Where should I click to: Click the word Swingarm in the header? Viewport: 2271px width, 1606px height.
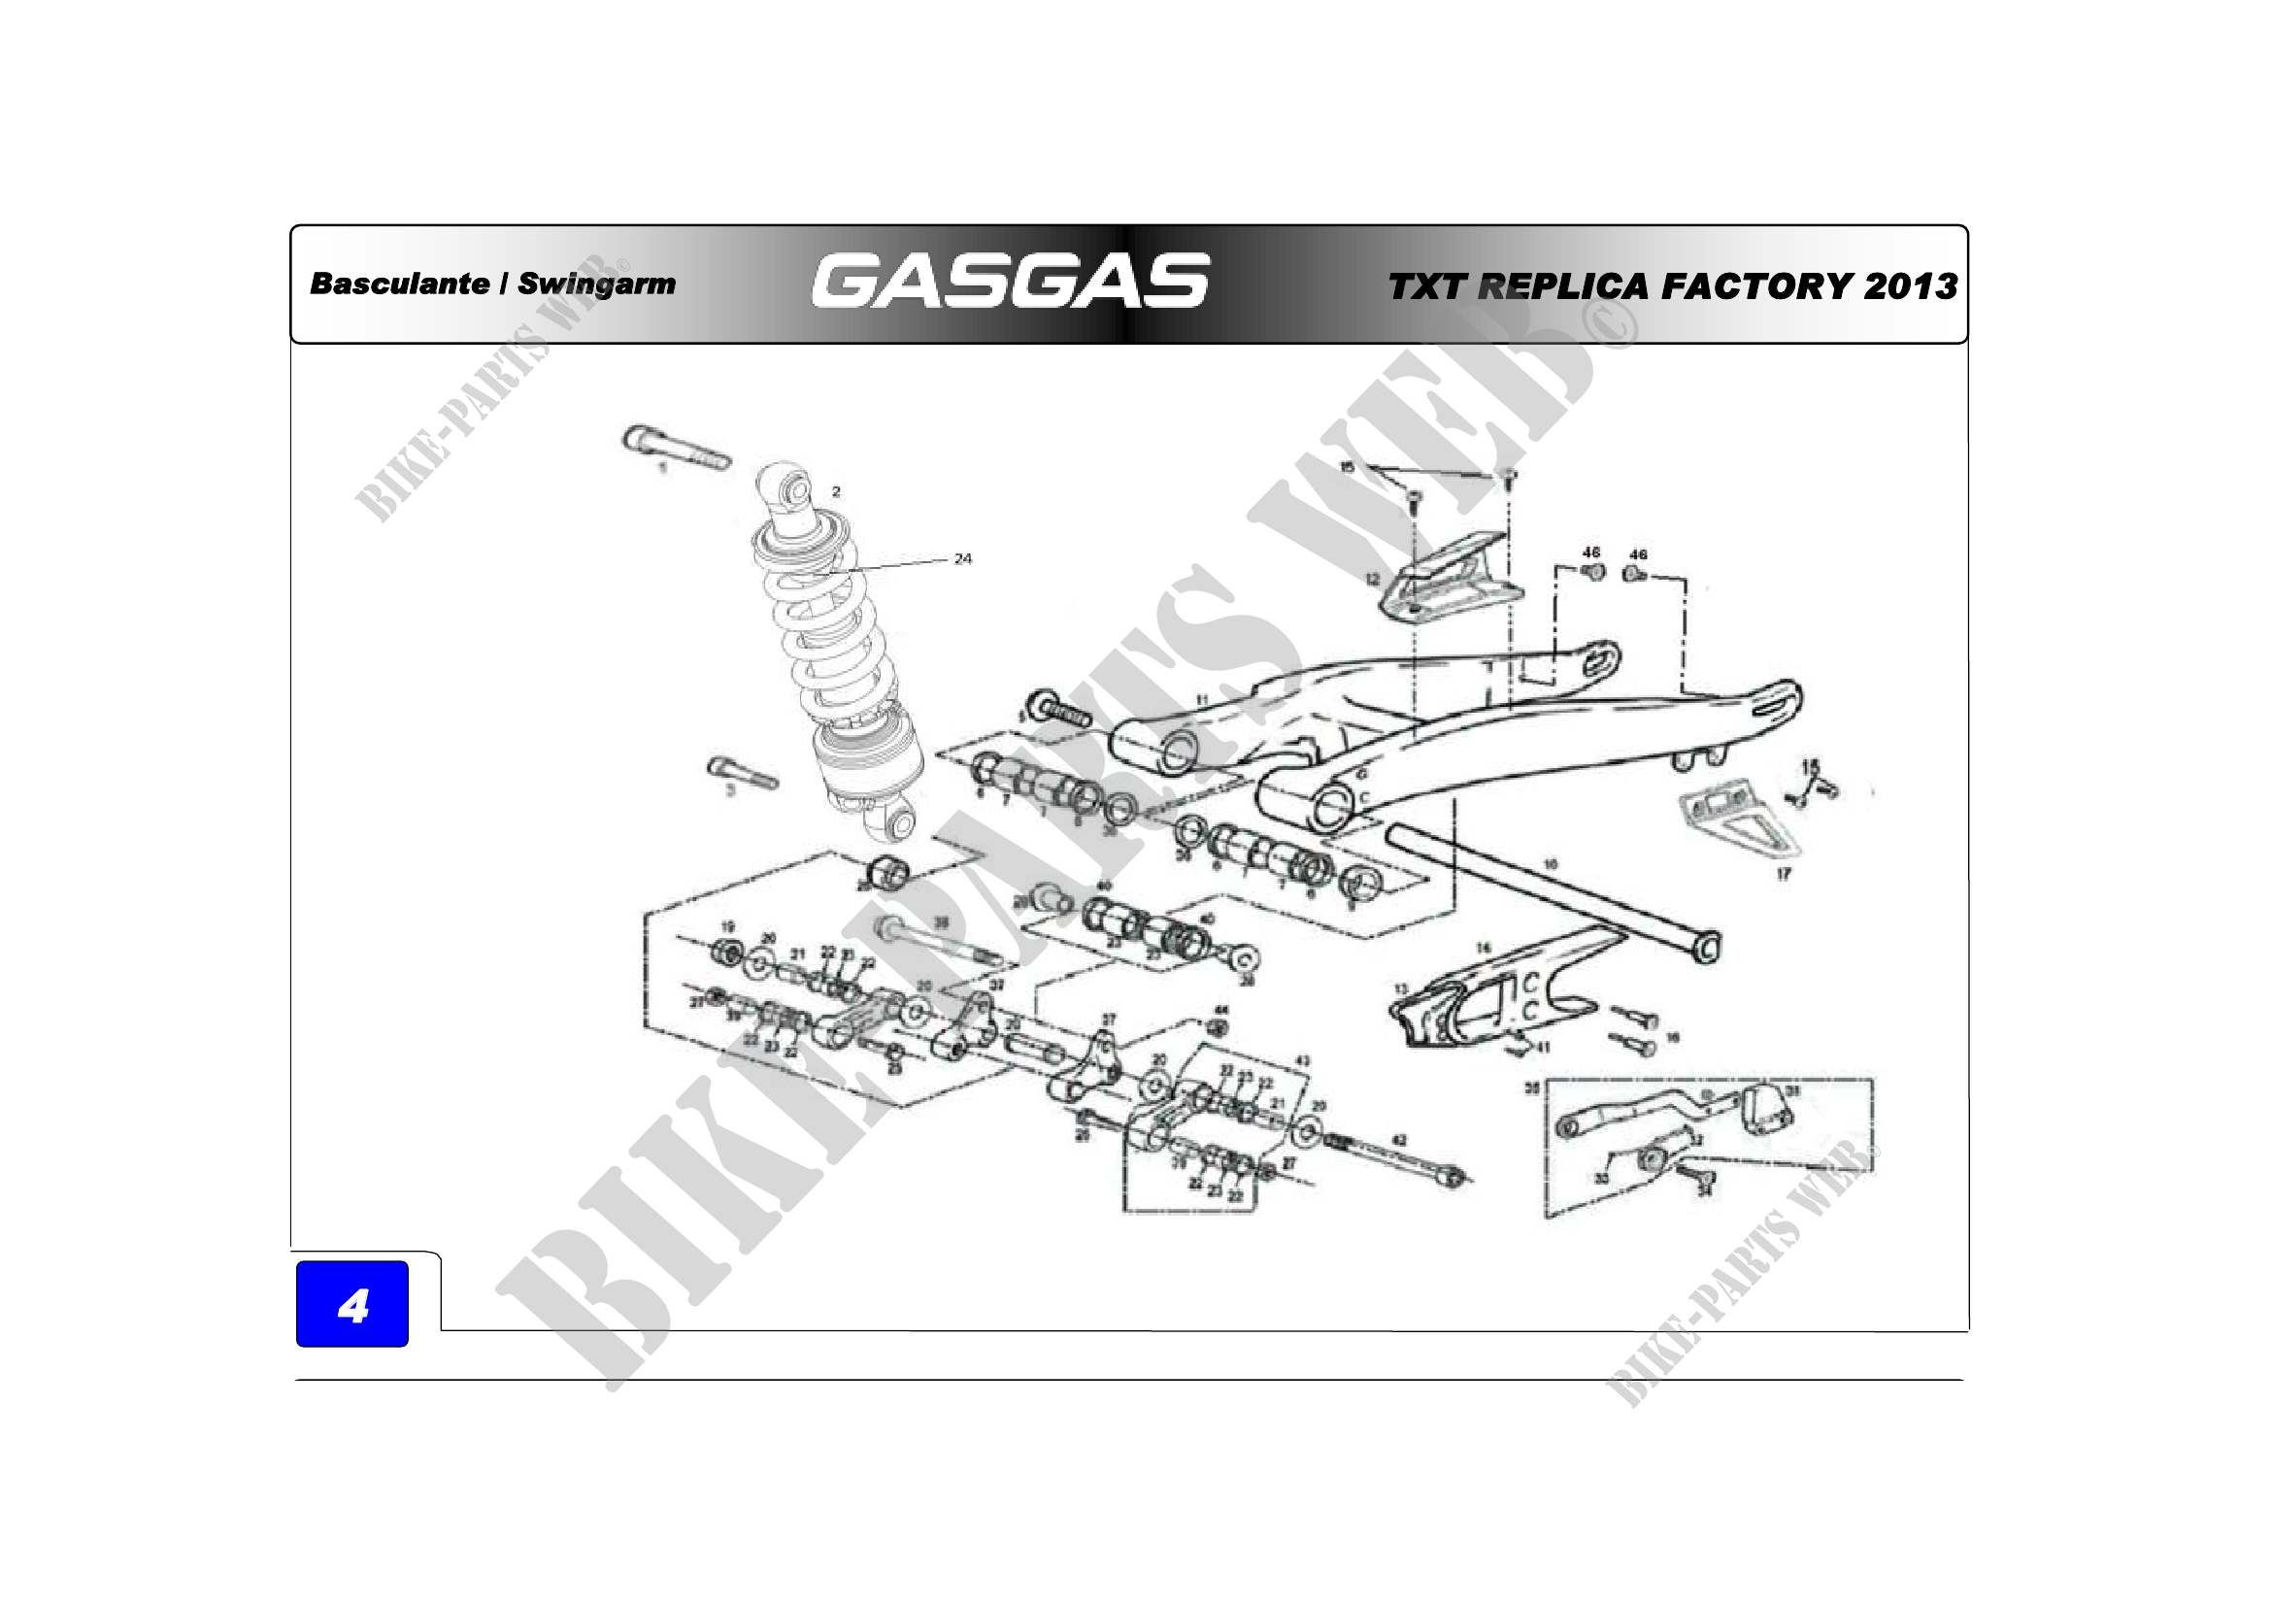pos(596,284)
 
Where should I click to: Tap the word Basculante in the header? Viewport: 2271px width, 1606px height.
pos(399,284)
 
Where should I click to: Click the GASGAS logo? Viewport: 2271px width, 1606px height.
pos(1010,281)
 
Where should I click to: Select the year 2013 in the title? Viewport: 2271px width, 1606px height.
pos(1910,285)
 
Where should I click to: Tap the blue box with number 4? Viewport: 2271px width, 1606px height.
pos(352,1304)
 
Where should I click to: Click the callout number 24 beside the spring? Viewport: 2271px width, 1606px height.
pos(962,558)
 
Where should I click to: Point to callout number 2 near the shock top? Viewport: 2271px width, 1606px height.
pos(836,491)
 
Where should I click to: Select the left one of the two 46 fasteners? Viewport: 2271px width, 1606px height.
pos(1592,572)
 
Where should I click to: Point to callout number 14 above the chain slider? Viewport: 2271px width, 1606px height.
pos(1483,948)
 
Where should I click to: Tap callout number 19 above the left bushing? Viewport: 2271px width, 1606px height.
pos(727,926)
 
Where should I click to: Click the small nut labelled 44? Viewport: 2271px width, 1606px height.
pos(1219,1028)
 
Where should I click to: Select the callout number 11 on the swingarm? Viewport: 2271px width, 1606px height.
pos(1202,700)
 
